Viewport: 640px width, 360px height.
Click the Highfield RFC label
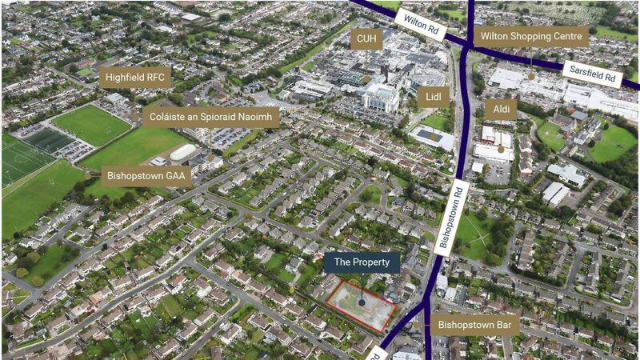(135, 78)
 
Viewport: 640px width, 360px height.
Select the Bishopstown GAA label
(146, 176)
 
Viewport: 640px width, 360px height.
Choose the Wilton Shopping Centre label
(531, 36)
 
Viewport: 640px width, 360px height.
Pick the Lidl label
(434, 98)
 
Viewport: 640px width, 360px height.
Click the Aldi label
(501, 110)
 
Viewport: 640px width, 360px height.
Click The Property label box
(362, 262)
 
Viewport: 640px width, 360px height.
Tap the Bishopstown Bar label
(475, 325)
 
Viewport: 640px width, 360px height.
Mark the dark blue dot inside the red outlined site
(362, 302)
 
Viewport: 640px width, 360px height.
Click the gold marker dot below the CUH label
(366, 79)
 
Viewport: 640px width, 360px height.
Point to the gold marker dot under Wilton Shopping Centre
(530, 77)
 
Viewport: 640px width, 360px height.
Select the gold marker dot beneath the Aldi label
(501, 149)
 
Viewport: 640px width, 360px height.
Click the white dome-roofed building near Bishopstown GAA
(183, 152)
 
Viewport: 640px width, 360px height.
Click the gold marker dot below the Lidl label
(434, 120)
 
